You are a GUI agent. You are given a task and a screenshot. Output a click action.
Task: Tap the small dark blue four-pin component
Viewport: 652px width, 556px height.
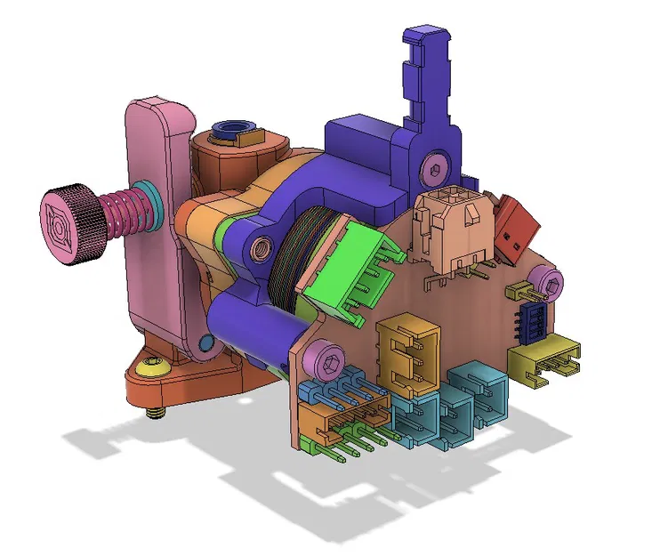(533, 321)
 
